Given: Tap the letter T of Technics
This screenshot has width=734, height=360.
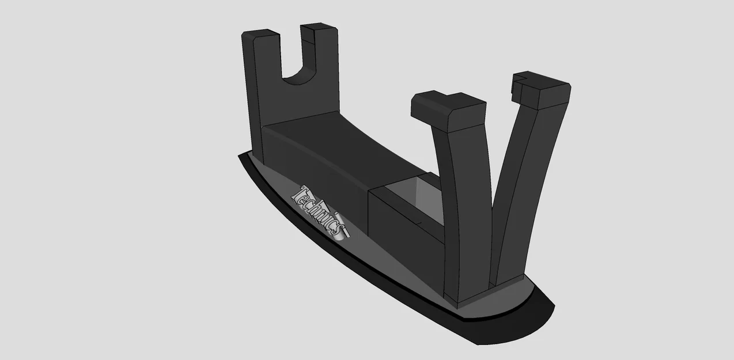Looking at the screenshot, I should (x=301, y=194).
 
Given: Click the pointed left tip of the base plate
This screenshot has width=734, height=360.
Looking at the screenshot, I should (x=242, y=157).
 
